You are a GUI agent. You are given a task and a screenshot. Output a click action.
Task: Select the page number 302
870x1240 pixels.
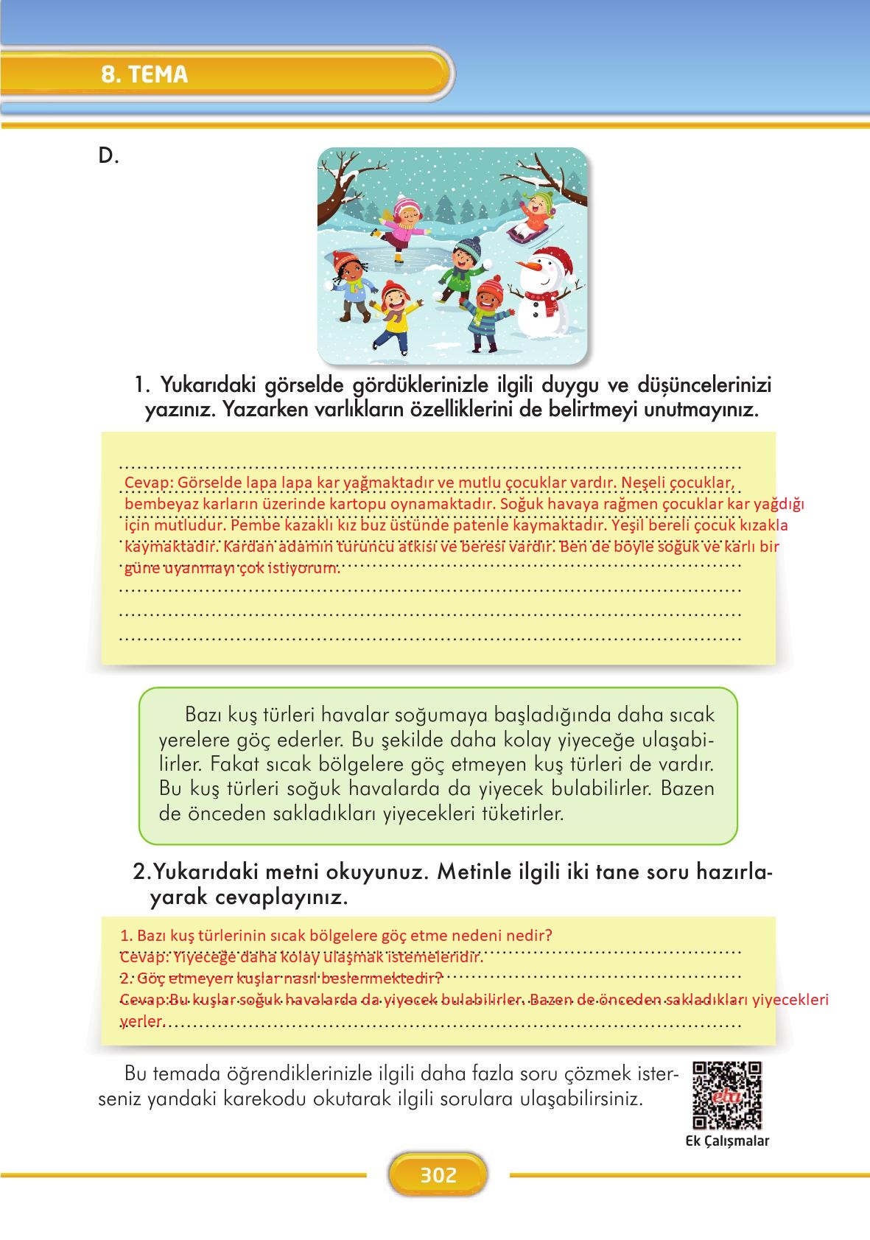[438, 1174]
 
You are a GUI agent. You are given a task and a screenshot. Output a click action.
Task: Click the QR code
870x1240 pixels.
[727, 1095]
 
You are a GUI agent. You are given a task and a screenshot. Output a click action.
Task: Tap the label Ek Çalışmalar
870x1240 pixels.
[726, 1141]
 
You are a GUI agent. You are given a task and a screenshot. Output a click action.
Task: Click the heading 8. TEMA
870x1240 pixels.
[144, 74]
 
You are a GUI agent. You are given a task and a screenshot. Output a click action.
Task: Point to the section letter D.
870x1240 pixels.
[108, 156]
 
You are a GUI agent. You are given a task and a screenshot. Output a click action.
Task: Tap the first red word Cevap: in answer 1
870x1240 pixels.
[149, 483]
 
